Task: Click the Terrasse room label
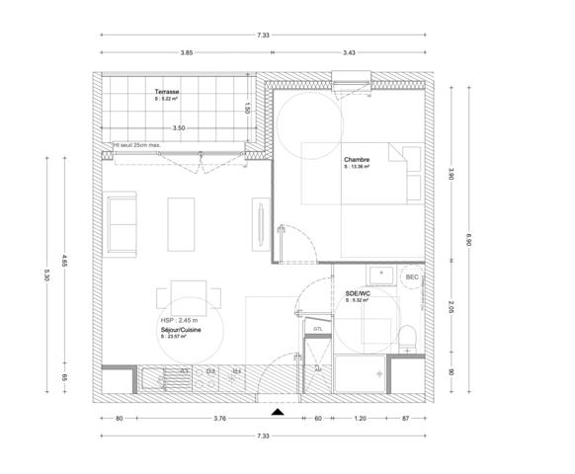(x=166, y=92)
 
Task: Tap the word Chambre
(x=357, y=159)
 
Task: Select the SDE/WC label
(x=358, y=293)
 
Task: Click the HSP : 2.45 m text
(x=180, y=321)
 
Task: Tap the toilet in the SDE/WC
(x=408, y=337)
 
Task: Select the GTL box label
(x=318, y=328)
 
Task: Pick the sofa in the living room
(x=123, y=222)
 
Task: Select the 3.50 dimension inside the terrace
(x=179, y=128)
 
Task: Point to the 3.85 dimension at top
(x=186, y=52)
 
